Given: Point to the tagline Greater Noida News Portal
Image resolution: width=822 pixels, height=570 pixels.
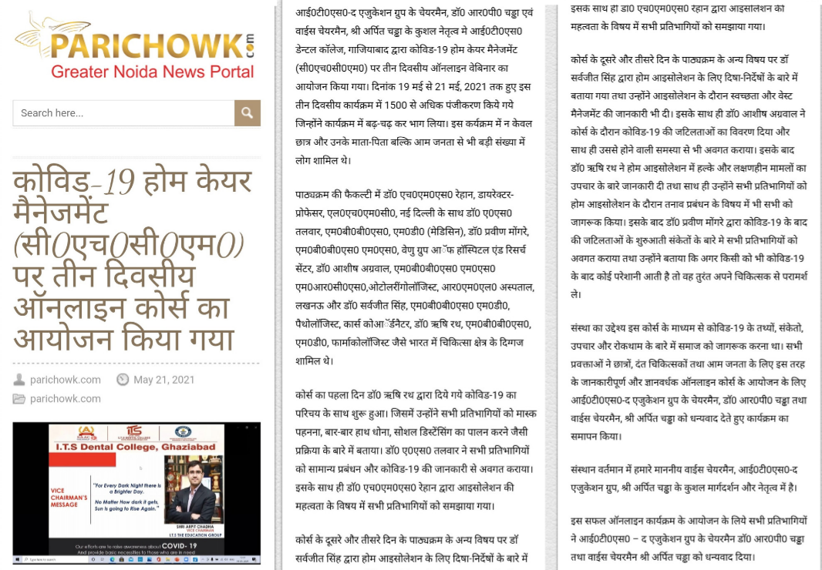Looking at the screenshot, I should pyautogui.click(x=152, y=72).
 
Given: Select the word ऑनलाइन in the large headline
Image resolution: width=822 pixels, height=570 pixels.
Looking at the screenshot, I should pyautogui.click(x=77, y=308).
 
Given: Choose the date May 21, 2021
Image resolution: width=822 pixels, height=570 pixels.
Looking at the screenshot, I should pyautogui.click(x=163, y=380).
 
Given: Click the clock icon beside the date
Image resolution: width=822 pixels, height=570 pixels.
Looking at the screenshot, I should pyautogui.click(x=123, y=380).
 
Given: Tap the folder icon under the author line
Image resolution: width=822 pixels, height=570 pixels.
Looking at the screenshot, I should pyautogui.click(x=19, y=398).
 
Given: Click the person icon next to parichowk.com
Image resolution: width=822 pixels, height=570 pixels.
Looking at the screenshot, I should pyautogui.click(x=19, y=380).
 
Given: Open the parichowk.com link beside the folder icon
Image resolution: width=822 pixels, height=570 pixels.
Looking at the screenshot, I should pyautogui.click(x=66, y=398).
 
